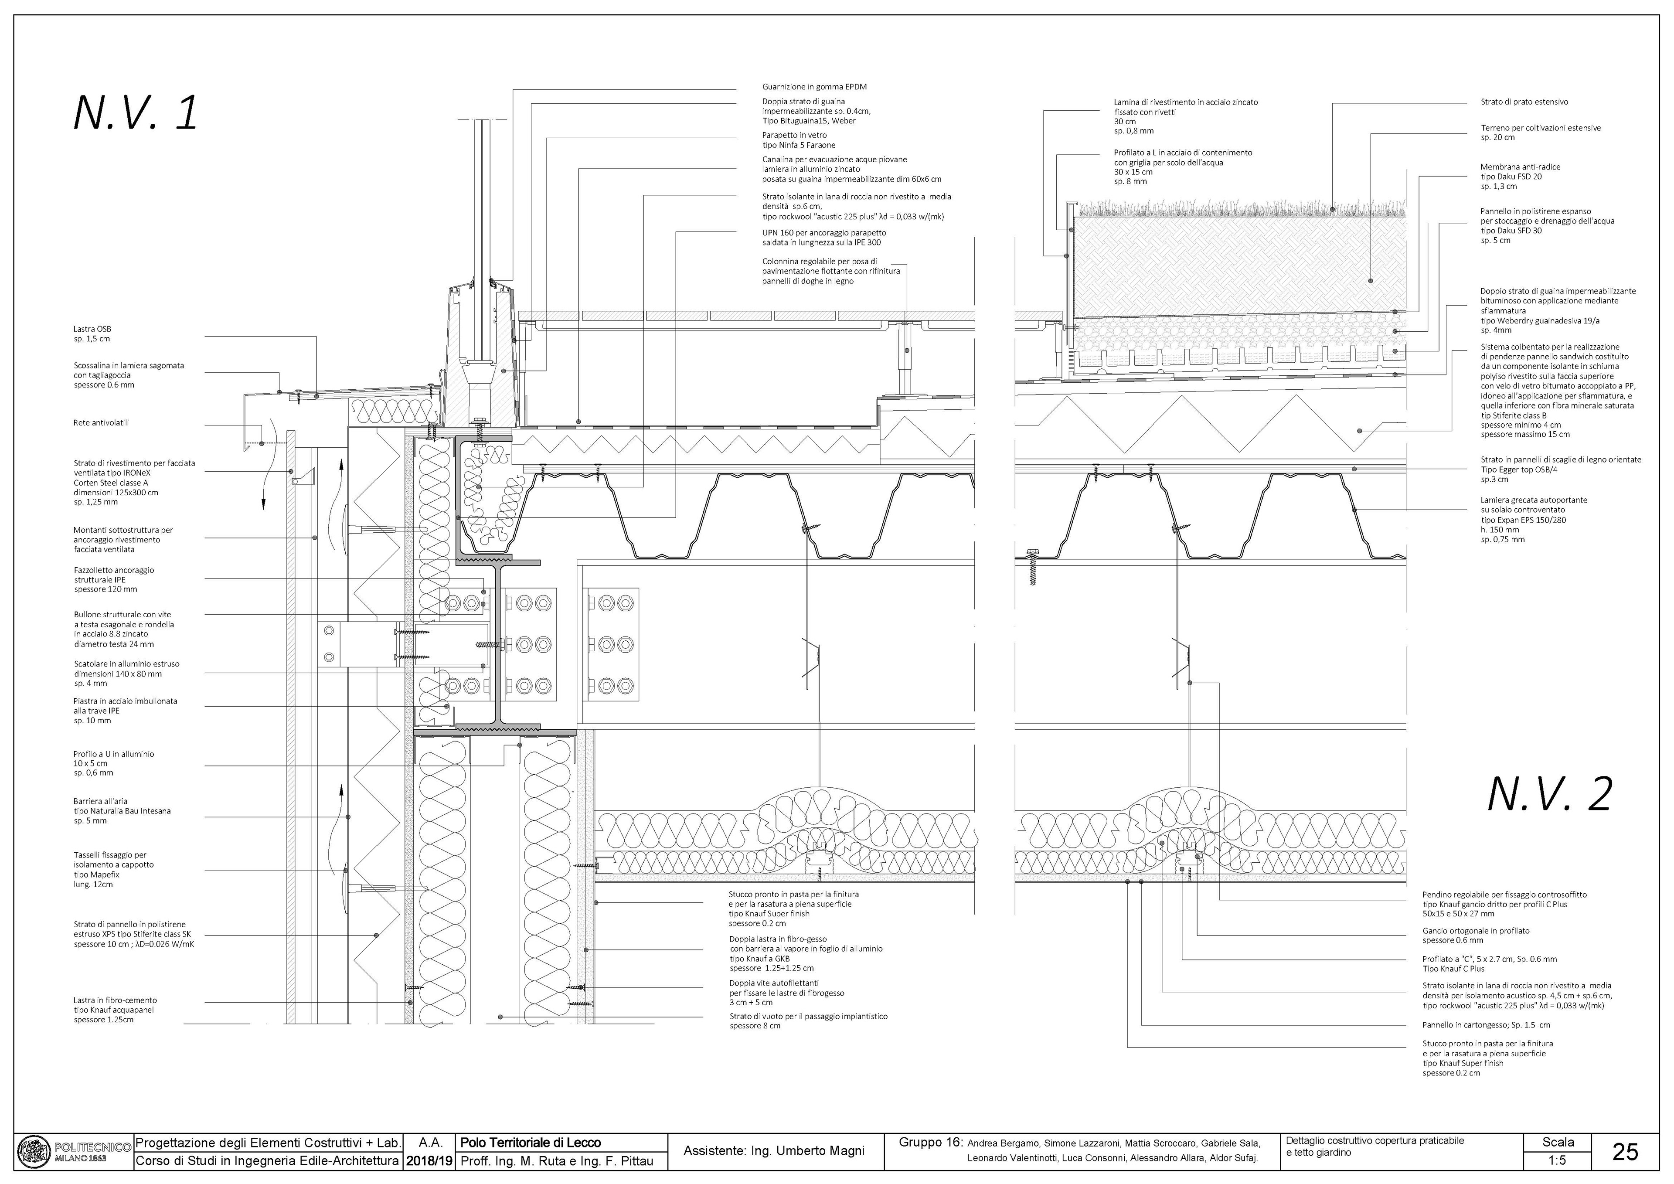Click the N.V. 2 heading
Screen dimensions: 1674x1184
coord(1549,795)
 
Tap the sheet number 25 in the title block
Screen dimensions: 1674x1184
coord(1625,1151)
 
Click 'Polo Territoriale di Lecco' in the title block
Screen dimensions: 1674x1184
coord(531,1143)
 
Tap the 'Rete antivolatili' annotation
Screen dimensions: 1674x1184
coord(101,423)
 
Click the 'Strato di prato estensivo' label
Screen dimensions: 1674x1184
coord(1524,102)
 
